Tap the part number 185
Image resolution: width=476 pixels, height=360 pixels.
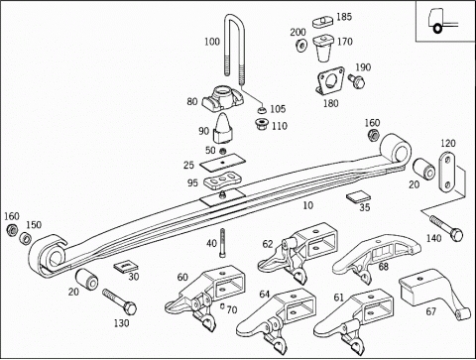tap(344, 17)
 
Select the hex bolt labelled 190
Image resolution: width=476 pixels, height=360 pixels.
tap(356, 80)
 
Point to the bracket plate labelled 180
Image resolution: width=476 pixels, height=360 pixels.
tap(330, 80)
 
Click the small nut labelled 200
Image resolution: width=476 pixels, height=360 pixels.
tap(301, 46)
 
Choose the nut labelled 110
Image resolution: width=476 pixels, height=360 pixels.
tap(261, 125)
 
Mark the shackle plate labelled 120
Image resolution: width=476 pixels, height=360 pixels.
tap(447, 172)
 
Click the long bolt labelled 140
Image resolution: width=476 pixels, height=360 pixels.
tap(446, 228)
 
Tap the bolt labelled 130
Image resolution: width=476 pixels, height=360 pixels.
tap(120, 301)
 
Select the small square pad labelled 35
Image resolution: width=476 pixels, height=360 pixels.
tap(358, 197)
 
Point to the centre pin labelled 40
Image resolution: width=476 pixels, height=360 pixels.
tap(222, 243)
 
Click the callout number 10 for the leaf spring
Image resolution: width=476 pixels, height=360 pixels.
tap(308, 205)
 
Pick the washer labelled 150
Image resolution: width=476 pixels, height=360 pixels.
tap(25, 238)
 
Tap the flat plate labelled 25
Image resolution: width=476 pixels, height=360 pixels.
tap(223, 163)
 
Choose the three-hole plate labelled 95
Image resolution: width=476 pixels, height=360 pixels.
tap(223, 181)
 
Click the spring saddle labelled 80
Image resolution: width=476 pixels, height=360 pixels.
tap(222, 97)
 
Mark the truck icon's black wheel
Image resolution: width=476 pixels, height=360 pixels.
tap(437, 29)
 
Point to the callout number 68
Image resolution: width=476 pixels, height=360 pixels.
tap(384, 267)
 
